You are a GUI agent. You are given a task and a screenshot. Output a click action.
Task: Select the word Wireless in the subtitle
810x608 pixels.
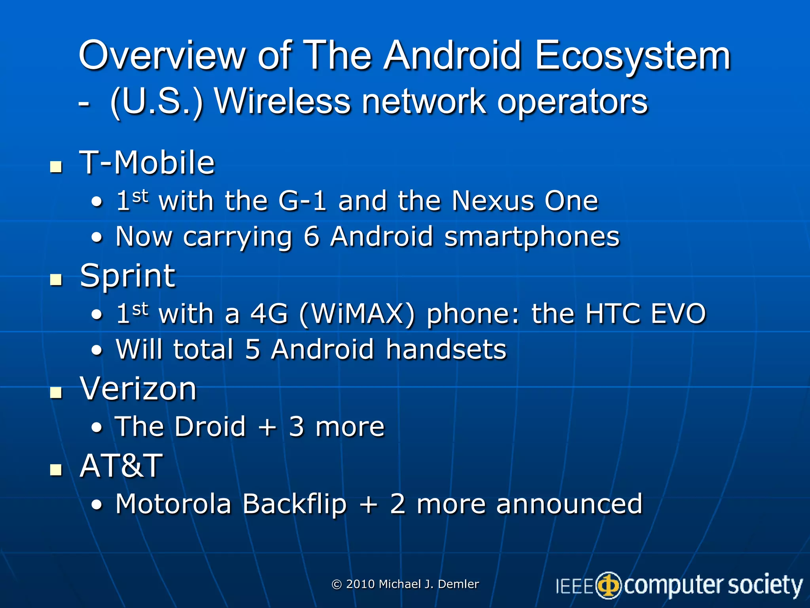282,102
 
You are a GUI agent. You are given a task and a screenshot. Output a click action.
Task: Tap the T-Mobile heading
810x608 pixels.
147,163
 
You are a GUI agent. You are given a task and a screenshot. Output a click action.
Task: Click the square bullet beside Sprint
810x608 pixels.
56,280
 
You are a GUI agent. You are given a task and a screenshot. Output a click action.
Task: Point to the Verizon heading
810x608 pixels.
138,389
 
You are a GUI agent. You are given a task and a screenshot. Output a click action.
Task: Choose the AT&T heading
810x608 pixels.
121,466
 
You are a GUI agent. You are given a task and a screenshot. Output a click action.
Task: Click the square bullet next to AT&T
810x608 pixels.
56,470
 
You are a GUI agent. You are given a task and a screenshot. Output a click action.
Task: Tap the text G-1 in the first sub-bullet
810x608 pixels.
303,201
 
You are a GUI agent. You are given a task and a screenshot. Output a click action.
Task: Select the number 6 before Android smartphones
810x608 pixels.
311,237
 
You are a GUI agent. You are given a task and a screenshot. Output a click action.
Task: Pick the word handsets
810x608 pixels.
446,350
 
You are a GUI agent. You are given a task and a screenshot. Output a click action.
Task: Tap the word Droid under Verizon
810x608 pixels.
210,427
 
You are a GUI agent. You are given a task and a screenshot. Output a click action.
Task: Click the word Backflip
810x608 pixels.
295,504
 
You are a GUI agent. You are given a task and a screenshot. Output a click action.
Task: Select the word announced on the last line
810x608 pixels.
569,504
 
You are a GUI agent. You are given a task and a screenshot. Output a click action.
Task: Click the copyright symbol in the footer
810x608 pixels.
337,585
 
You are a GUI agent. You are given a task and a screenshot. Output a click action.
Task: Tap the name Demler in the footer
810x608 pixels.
458,584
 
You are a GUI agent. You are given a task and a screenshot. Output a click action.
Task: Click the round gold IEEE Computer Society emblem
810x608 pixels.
609,585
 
